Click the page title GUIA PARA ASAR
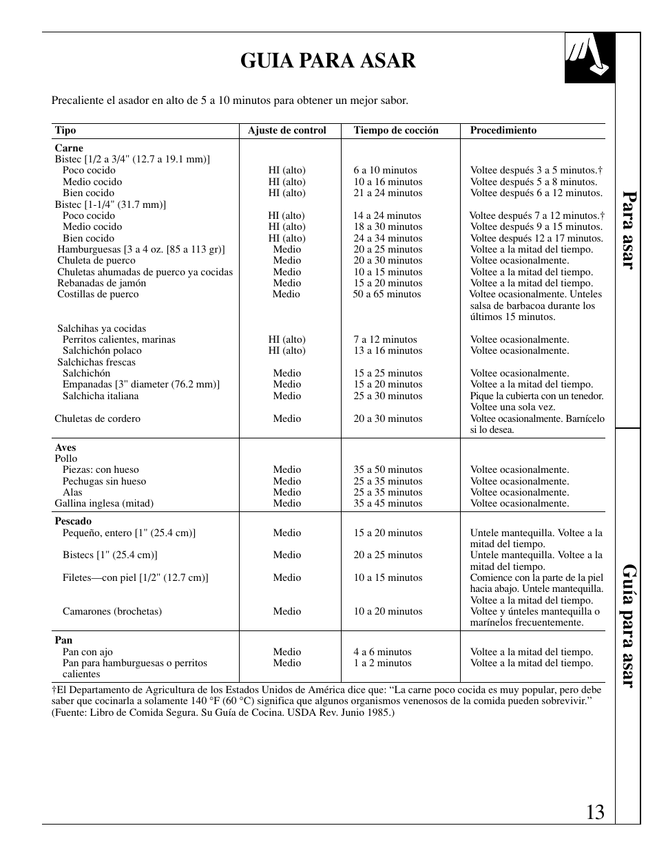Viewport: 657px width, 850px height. click(328, 61)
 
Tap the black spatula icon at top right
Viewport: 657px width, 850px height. click(590, 58)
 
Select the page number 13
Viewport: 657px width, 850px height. click(596, 812)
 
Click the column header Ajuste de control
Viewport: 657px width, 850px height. click(286, 130)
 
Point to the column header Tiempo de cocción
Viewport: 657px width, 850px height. click(396, 130)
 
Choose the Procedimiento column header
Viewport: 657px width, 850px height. click(503, 130)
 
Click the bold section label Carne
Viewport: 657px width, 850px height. click(69, 148)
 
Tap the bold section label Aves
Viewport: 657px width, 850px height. click(65, 447)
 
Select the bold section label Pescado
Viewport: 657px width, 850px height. click(73, 521)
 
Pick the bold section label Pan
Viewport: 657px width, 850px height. click(63, 640)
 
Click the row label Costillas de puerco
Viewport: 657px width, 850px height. click(98, 294)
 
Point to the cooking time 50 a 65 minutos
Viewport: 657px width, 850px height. click(386, 294)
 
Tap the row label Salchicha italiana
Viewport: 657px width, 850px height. click(101, 396)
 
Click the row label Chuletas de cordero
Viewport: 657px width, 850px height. click(97, 418)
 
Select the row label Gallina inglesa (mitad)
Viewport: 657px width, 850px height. click(104, 503)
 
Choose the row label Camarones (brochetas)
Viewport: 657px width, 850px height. click(112, 611)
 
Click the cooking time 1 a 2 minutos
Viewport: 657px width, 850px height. click(382, 663)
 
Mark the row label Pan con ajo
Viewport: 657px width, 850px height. click(87, 652)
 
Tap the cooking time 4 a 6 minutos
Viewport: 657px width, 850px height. click(382, 652)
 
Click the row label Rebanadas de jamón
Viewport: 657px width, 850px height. click(101, 283)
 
